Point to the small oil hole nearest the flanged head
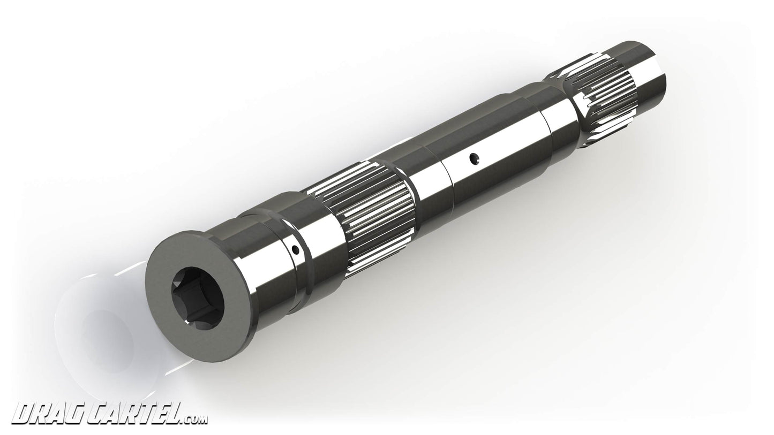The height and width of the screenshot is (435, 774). click(295, 249)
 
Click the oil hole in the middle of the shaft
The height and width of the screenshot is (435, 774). click(472, 158)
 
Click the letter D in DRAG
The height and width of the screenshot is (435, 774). click(21, 414)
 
